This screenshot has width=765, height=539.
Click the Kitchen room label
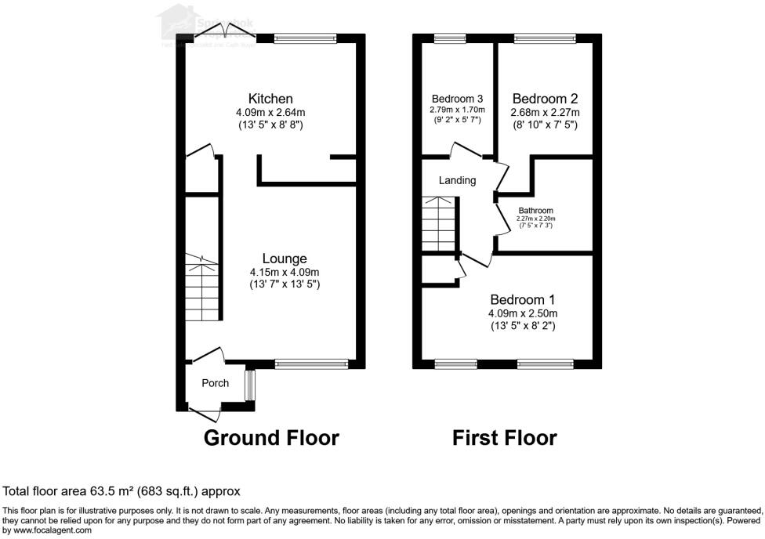click(270, 99)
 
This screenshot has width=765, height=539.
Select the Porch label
click(216, 383)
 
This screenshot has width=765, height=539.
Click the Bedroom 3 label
click(457, 99)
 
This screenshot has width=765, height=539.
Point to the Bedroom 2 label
click(545, 99)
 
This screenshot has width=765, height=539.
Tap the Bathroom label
click(536, 211)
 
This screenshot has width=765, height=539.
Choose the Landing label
click(457, 180)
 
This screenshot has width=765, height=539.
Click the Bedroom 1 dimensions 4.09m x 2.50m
click(523, 313)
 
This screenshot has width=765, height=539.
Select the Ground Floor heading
click(271, 438)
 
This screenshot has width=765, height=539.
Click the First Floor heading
click(504, 438)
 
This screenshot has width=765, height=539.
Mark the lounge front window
click(311, 363)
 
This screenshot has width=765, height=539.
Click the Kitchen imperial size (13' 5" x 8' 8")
click(270, 125)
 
